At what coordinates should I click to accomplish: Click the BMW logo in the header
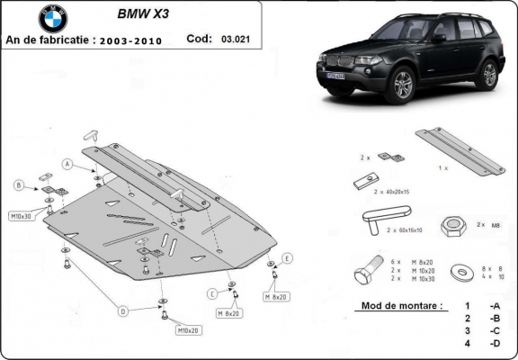(53, 19)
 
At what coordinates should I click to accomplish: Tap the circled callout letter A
(67, 163)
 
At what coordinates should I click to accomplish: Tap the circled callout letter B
(18, 185)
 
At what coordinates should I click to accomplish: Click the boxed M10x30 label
(21, 217)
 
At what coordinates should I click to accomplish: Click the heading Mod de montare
(401, 306)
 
